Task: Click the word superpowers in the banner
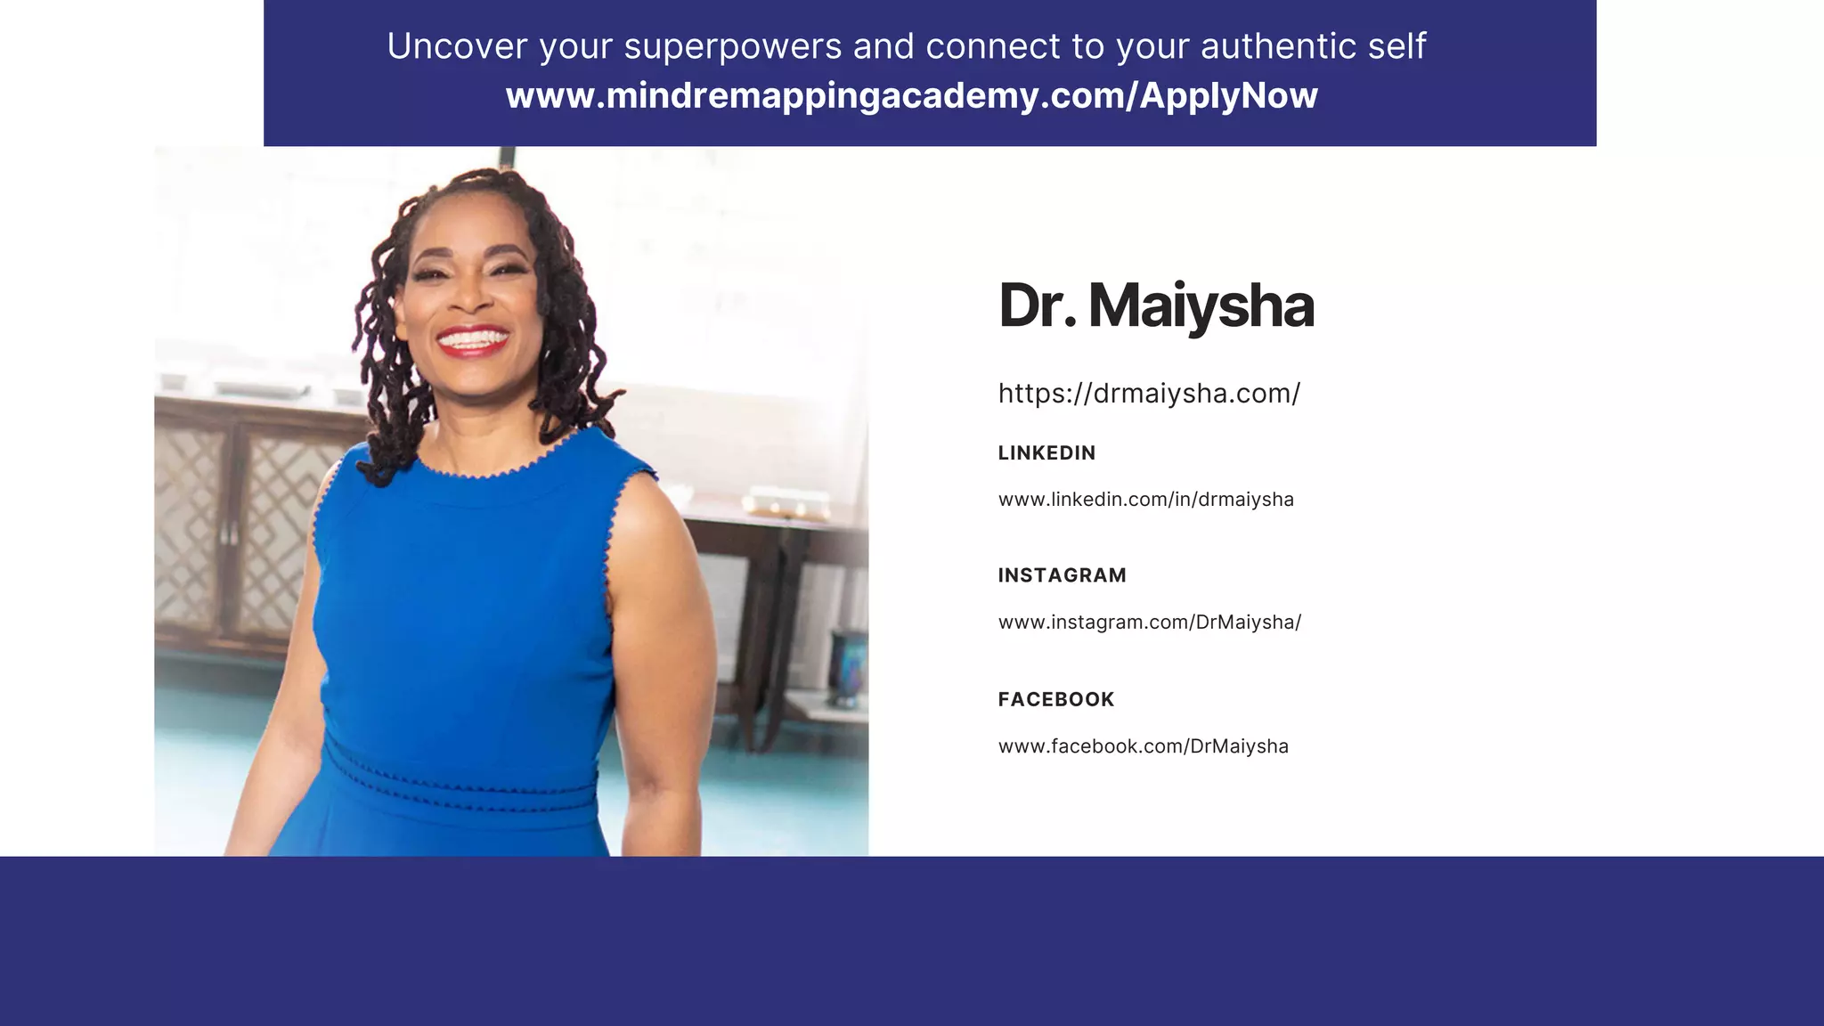click(732, 46)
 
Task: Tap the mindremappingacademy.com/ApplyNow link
click(911, 95)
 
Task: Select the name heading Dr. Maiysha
click(1155, 305)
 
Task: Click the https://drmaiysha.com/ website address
click(1149, 393)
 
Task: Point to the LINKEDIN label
click(1046, 452)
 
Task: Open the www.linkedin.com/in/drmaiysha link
click(1145, 500)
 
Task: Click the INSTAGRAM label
click(1062, 575)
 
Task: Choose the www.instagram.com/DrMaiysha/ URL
click(1149, 623)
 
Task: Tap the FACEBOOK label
click(1055, 699)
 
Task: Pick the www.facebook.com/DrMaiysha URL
click(1143, 746)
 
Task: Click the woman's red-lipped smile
click(472, 341)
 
